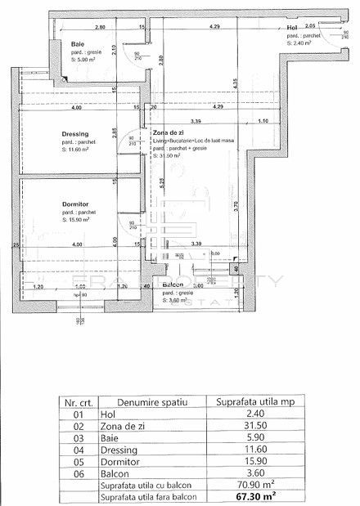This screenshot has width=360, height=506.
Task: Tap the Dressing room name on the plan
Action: click(74, 134)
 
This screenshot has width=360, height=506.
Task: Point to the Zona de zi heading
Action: click(168, 132)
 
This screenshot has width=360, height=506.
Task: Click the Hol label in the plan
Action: click(292, 29)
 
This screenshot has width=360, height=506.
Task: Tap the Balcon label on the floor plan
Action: click(172, 285)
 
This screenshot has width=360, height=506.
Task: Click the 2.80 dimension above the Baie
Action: click(100, 28)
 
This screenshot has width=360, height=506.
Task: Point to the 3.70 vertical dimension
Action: click(234, 207)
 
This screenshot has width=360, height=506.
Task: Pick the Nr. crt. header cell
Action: click(76, 402)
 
